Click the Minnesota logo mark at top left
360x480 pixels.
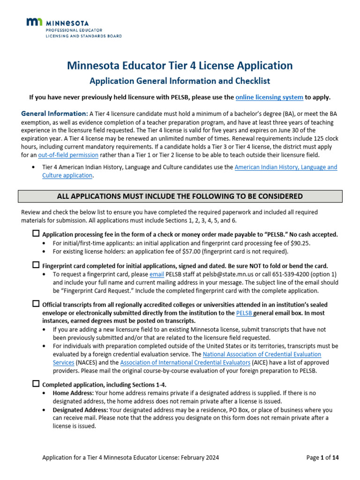(35, 22)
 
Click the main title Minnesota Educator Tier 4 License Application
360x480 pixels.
(180, 65)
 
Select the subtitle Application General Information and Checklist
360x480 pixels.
(180, 81)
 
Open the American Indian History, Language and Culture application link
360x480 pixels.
(285, 167)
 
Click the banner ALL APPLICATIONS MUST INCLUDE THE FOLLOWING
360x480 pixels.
(180, 196)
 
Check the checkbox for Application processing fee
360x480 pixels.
(36, 233)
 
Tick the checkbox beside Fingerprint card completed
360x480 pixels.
(36, 265)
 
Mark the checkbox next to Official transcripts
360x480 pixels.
(36, 304)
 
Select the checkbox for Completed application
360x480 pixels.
(36, 383)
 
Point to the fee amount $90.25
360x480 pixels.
(300, 243)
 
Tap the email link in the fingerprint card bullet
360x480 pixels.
(156, 274)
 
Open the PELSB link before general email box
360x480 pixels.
(244, 313)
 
